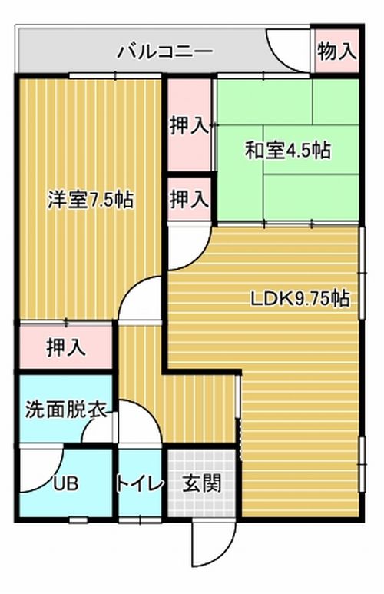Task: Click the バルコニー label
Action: pyautogui.click(x=164, y=51)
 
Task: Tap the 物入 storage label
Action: pyautogui.click(x=336, y=51)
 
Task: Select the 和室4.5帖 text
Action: pyautogui.click(x=288, y=150)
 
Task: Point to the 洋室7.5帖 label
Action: pyautogui.click(x=91, y=199)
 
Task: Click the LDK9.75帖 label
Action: pyautogui.click(x=300, y=299)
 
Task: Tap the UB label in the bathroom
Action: pyautogui.click(x=65, y=484)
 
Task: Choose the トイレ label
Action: pyautogui.click(x=140, y=484)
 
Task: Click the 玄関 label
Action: pyautogui.click(x=201, y=484)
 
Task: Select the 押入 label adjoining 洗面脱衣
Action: pyautogui.click(x=66, y=347)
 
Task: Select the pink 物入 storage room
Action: pyautogui.click(x=336, y=51)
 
